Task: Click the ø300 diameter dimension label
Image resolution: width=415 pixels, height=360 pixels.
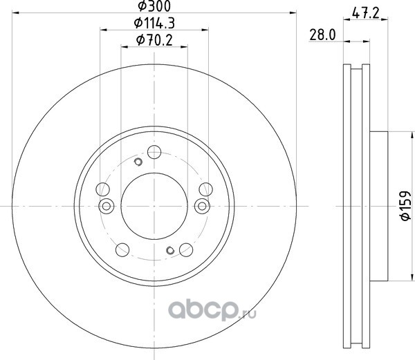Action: click(x=154, y=6)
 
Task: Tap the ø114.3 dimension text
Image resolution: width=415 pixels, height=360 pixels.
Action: click(x=154, y=23)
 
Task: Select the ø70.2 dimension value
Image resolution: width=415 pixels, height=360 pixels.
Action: click(x=154, y=41)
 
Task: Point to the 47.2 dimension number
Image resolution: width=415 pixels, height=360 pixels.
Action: click(x=366, y=12)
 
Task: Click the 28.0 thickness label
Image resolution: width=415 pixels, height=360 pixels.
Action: click(x=322, y=35)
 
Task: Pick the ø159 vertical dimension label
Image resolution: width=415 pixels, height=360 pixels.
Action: click(x=405, y=205)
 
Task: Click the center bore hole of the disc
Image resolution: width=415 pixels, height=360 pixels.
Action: click(x=154, y=206)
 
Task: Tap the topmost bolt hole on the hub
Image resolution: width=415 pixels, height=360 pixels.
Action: click(x=154, y=152)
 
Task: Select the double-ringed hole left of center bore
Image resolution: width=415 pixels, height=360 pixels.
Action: click(x=107, y=206)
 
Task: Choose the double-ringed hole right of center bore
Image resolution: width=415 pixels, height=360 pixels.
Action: click(x=202, y=206)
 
